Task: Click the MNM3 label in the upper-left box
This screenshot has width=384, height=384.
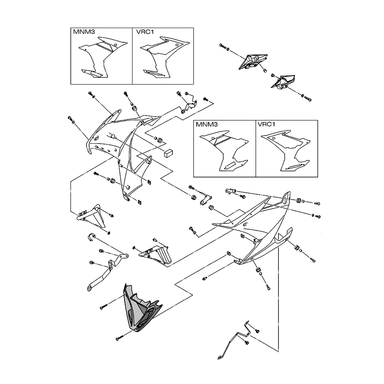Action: (81, 32)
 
